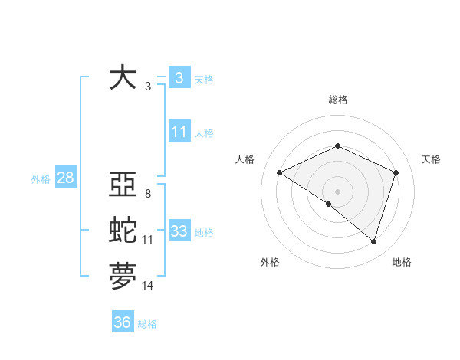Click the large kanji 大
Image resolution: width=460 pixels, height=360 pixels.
click(123, 77)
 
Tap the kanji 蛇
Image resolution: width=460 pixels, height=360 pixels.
click(123, 231)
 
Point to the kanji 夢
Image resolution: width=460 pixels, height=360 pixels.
click(123, 277)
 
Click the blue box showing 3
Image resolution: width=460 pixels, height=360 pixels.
click(179, 77)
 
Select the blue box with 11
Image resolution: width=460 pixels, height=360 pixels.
click(179, 132)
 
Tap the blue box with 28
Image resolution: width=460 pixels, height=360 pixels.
click(65, 178)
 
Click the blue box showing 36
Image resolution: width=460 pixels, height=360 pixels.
click(122, 322)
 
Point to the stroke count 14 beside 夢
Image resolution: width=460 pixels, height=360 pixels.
click(148, 286)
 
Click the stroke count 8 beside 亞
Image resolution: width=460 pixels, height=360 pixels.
click(147, 194)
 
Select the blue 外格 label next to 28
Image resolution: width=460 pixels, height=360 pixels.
click(41, 179)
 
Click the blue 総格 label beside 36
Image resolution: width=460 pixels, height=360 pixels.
click(147, 324)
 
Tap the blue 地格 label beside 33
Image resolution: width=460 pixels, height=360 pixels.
click(204, 232)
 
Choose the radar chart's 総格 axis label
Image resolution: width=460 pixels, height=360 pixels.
click(338, 100)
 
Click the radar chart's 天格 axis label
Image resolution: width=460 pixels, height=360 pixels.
click(431, 159)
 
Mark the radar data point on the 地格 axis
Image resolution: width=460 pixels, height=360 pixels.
click(374, 241)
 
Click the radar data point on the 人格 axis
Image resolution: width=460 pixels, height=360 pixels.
click(280, 172)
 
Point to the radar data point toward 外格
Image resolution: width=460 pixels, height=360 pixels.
click(329, 204)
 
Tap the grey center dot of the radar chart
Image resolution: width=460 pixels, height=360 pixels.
click(337, 191)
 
